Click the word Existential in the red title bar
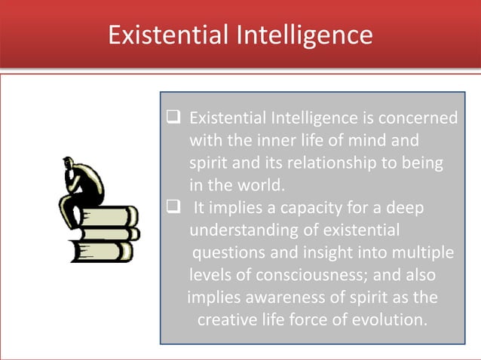pos(161,35)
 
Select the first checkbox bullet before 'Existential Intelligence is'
pos(172,117)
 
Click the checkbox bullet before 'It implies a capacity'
pos(172,207)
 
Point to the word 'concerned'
pos(421,118)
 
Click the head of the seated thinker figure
pos(70,163)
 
